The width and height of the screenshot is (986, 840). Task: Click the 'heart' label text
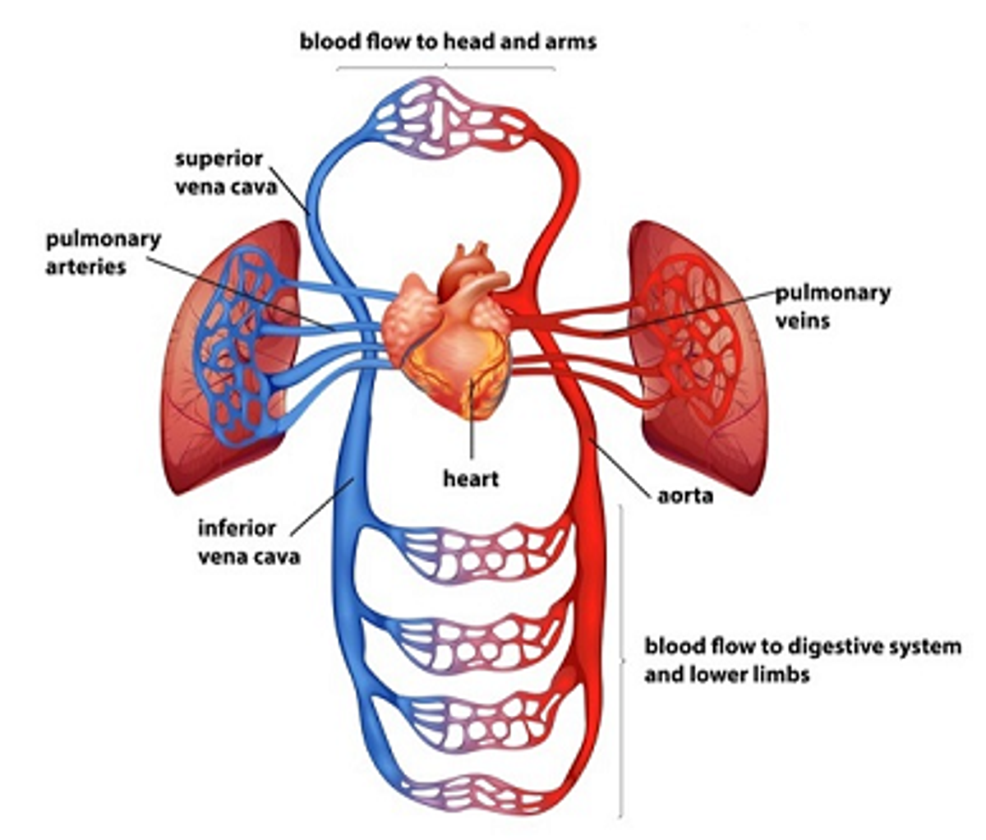(471, 478)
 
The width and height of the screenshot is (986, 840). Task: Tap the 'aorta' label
(685, 496)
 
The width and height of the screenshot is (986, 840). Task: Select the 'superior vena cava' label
(226, 173)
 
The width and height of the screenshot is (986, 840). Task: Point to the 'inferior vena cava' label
(249, 542)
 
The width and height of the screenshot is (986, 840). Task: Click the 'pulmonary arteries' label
(104, 253)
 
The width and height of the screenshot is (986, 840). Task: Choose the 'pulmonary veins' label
(833, 307)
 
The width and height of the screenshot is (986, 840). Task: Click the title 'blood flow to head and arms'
(448, 42)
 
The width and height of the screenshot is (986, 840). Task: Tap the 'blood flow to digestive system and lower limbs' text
(803, 661)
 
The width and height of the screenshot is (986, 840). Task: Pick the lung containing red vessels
(699, 357)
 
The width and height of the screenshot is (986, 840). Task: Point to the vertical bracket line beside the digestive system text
(621, 662)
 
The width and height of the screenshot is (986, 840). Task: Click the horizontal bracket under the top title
(446, 67)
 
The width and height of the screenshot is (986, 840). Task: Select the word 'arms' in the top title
(570, 43)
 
